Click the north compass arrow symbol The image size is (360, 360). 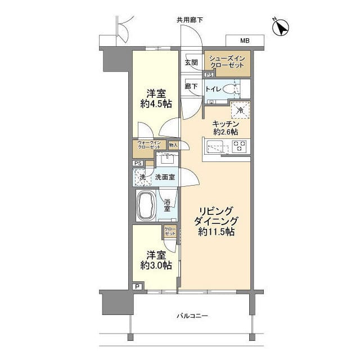pyautogui.click(x=281, y=26)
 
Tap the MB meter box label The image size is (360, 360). pyautogui.click(x=245, y=41)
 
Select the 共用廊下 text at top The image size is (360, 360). pyautogui.click(x=190, y=20)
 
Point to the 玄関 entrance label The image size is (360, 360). pyautogui.click(x=191, y=63)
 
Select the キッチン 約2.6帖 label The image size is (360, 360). pyautogui.click(x=226, y=128)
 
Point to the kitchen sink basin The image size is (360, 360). pyautogui.click(x=217, y=148)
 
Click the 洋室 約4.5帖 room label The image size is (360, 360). pyautogui.click(x=156, y=98)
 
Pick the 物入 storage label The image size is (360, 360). pyautogui.click(x=173, y=145)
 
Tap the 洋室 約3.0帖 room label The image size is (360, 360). pyautogui.click(x=156, y=260)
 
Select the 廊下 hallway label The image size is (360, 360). pyautogui.click(x=191, y=86)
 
